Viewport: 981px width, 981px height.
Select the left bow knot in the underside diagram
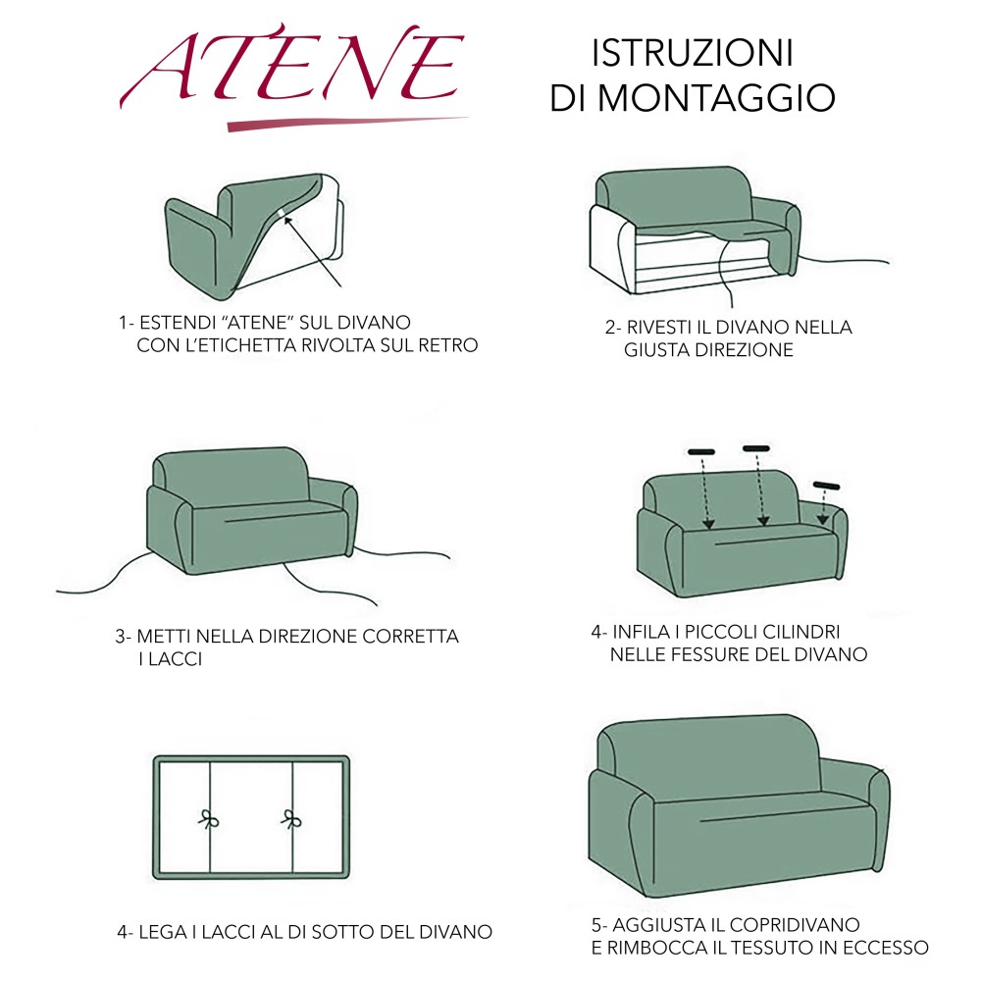point(208,818)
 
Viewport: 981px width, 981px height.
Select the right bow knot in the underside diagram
point(291,818)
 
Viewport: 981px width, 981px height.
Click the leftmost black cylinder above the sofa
point(701,452)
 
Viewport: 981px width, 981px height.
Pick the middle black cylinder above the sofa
point(756,448)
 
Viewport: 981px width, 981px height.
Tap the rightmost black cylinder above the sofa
point(828,486)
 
